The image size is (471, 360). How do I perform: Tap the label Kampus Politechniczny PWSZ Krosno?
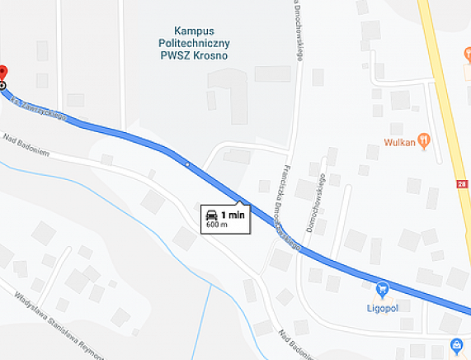click(194, 43)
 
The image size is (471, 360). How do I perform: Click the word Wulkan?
click(399, 141)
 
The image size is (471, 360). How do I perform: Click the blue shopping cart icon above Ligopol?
click(382, 289)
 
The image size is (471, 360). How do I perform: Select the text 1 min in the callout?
click(233, 215)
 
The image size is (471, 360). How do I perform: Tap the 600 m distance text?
click(217, 225)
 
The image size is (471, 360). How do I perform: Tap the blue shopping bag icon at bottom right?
click(456, 344)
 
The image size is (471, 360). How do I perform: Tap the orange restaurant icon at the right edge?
click(467, 54)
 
